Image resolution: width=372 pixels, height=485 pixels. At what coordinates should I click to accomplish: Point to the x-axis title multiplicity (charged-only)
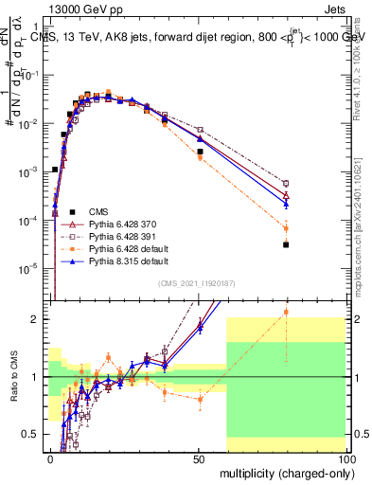pos(283,471)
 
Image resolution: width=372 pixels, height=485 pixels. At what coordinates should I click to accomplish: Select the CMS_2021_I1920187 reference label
pos(196,281)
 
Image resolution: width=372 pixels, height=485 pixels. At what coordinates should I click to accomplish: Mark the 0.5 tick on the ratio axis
pos(36,434)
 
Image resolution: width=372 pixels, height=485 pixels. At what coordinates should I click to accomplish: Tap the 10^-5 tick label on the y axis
pos(30,268)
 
